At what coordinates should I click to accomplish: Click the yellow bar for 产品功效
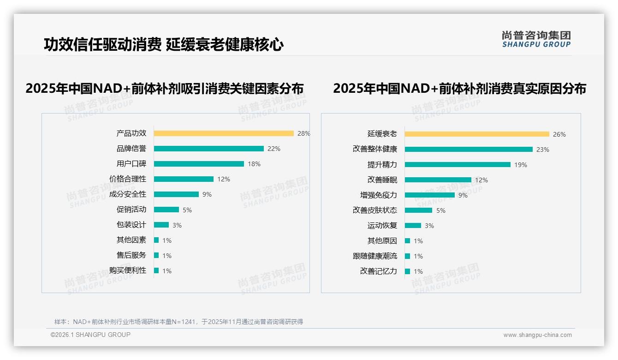(x=224, y=133)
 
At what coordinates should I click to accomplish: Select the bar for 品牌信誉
(x=208, y=149)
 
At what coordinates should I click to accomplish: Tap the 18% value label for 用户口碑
(x=254, y=164)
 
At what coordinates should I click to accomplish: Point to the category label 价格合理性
(x=128, y=179)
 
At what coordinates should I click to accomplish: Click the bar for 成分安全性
(x=176, y=194)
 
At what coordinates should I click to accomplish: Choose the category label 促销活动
(x=131, y=209)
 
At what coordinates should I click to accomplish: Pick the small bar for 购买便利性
(x=156, y=270)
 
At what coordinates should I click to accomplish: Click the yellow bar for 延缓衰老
(x=477, y=134)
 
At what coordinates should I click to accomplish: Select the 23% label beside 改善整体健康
(x=543, y=150)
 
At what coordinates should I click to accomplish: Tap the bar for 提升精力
(x=458, y=164)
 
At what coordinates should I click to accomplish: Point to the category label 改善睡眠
(x=382, y=180)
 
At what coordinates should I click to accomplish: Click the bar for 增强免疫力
(x=429, y=195)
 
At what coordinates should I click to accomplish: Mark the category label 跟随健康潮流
(x=374, y=256)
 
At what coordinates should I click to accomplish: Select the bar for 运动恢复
(x=413, y=225)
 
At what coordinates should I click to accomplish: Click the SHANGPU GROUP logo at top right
(x=536, y=39)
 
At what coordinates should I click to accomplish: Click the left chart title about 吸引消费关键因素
(x=165, y=88)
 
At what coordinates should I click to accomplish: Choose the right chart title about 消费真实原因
(x=459, y=88)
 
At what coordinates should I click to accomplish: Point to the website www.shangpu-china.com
(x=537, y=335)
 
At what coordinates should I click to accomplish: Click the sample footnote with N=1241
(x=178, y=322)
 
